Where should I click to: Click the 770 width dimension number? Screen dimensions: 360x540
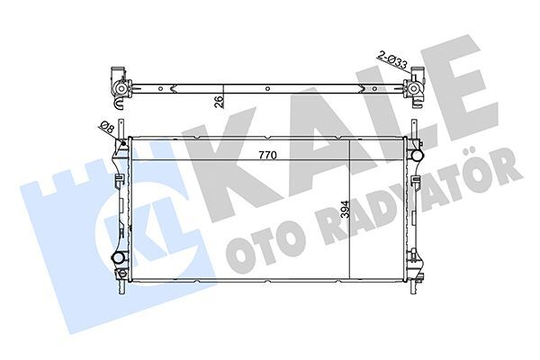(267, 155)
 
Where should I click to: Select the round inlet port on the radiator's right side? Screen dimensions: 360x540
(415, 154)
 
